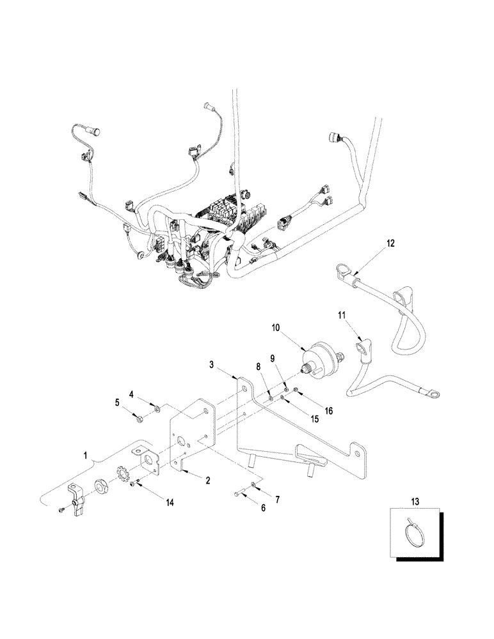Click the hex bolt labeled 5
[139, 419]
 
